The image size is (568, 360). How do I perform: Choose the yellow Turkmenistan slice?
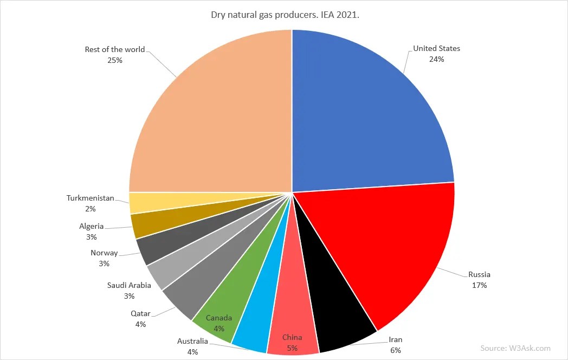(138, 203)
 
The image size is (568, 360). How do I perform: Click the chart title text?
(285, 14)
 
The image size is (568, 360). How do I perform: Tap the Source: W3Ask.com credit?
(515, 348)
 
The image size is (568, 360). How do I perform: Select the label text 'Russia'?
(479, 274)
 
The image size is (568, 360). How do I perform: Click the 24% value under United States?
(436, 59)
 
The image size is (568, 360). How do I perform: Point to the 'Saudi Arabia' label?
(129, 285)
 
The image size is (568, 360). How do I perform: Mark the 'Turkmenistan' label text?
(91, 198)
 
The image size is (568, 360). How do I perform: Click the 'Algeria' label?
(91, 226)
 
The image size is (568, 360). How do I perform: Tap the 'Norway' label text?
(104, 253)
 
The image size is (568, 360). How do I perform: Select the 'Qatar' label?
(140, 313)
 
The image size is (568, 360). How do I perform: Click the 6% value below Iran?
(396, 350)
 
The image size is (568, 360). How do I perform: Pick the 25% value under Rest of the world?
(115, 60)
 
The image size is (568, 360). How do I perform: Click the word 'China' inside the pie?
(292, 337)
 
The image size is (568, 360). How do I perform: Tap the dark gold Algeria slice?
(142, 224)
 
